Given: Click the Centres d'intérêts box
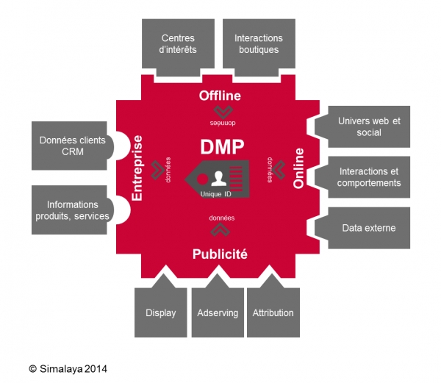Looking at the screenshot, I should point(179,44).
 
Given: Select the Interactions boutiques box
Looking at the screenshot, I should point(258,44).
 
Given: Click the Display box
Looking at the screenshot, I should point(161,312).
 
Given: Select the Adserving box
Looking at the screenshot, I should point(218,312).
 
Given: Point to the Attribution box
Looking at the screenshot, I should point(273,312).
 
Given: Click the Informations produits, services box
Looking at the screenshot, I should point(72,210).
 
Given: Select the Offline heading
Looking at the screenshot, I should point(220,96).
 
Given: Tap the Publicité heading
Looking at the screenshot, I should point(220,255).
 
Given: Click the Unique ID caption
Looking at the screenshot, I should point(215,194).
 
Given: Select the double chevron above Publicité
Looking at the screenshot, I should point(220,230).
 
